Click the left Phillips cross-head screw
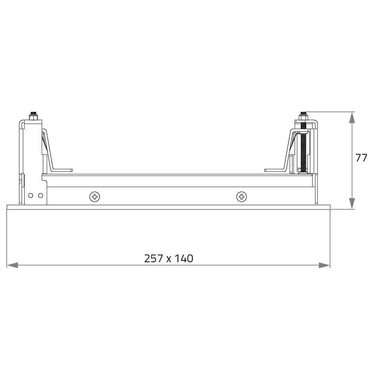95,197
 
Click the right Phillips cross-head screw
241,197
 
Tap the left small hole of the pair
31,195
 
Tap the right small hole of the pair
41,195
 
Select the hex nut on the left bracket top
34,117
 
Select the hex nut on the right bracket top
303,117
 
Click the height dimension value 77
361,158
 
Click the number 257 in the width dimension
154,258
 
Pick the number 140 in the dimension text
184,258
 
